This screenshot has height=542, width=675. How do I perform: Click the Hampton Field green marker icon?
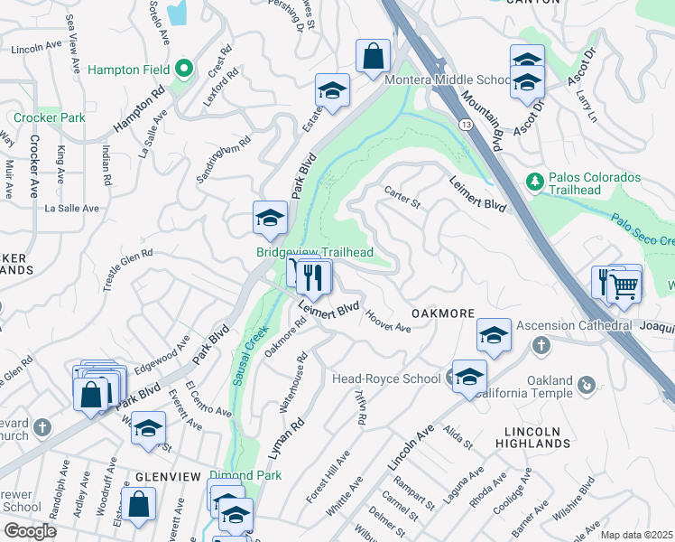(x=185, y=68)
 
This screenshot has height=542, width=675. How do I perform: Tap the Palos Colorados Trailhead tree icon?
(x=535, y=182)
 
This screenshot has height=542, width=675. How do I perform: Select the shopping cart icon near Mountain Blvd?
(x=624, y=286)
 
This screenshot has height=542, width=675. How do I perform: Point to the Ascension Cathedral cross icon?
(x=541, y=345)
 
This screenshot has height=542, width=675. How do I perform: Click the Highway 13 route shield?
(x=464, y=123)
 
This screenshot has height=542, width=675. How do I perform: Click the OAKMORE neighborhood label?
(x=443, y=313)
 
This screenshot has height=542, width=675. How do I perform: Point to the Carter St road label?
(x=402, y=197)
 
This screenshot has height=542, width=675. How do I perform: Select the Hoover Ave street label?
(x=389, y=321)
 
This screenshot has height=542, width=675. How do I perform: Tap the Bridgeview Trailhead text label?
(x=315, y=252)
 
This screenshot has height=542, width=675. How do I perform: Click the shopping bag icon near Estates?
(x=373, y=57)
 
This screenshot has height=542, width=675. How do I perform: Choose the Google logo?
(x=30, y=531)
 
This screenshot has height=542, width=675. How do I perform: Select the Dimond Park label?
(x=233, y=475)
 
